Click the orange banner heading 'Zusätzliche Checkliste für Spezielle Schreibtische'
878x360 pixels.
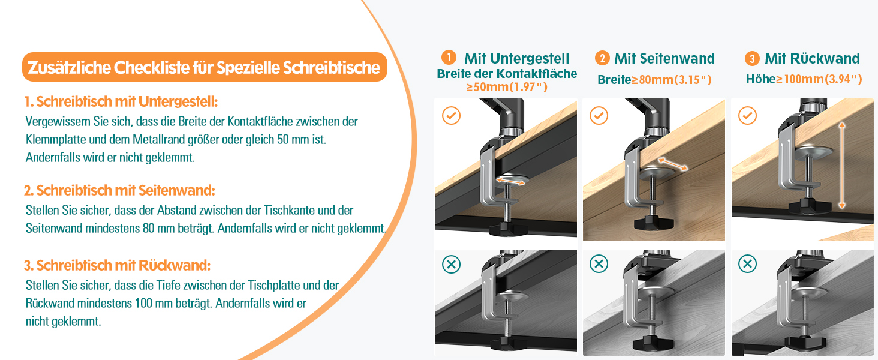205,67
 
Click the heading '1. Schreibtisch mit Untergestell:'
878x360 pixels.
121,101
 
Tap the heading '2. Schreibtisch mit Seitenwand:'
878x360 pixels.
119,190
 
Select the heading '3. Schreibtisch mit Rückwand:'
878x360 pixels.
117,265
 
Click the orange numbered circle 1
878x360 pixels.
449,57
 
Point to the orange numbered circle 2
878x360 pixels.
602,58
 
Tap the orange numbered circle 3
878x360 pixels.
752,59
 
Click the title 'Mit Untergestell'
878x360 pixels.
516,58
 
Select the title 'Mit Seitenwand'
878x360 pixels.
664,58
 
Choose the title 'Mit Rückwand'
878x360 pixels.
812,58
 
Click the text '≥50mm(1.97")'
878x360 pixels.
506,86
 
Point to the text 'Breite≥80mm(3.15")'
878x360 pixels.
654,80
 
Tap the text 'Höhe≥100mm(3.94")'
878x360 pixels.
804,79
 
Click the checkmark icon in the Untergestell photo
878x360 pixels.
451,116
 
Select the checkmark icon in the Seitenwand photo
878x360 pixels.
599,116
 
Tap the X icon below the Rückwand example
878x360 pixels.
747,264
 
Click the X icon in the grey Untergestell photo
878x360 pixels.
451,264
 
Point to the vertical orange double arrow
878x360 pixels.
842,165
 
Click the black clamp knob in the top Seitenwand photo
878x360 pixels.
654,222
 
